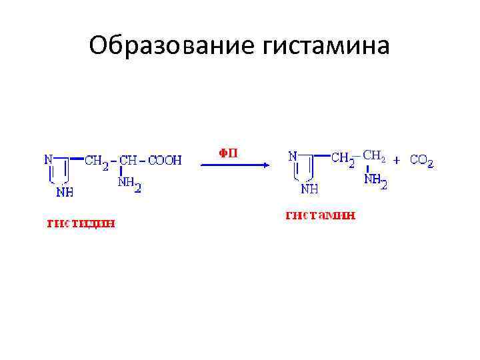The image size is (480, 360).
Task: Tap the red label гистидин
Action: pos(81,223)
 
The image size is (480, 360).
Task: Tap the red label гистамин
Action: pos(321,215)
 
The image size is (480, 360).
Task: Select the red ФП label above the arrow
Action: pos(228,153)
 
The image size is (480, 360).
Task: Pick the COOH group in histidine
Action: pos(165,161)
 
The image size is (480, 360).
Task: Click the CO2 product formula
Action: pos(422,161)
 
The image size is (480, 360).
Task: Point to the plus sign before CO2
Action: pos(397,160)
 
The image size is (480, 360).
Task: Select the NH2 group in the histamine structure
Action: pos(375,180)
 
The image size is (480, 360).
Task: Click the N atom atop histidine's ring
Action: pos(48,159)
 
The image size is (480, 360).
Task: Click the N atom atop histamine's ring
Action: pos(293,157)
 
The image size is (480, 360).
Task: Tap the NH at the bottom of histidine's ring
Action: pos(65,192)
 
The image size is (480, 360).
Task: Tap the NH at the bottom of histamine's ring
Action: pos(309,189)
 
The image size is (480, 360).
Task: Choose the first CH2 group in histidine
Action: pos(96,162)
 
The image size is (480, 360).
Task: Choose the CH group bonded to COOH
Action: pos(128,161)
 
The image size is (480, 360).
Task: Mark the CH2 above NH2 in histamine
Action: pos(373,157)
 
